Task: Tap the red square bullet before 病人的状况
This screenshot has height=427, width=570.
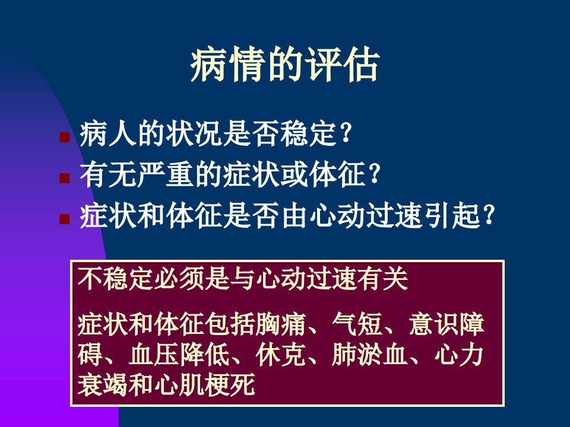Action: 65,137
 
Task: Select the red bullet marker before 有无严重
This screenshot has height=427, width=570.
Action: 65,178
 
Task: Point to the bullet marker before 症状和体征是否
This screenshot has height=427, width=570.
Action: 65,219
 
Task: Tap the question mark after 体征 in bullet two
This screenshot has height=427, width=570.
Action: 374,174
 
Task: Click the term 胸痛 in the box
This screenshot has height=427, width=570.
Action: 281,324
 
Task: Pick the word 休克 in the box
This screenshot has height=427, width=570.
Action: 281,355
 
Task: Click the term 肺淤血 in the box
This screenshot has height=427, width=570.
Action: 370,355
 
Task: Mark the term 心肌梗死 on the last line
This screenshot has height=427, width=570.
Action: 204,384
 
